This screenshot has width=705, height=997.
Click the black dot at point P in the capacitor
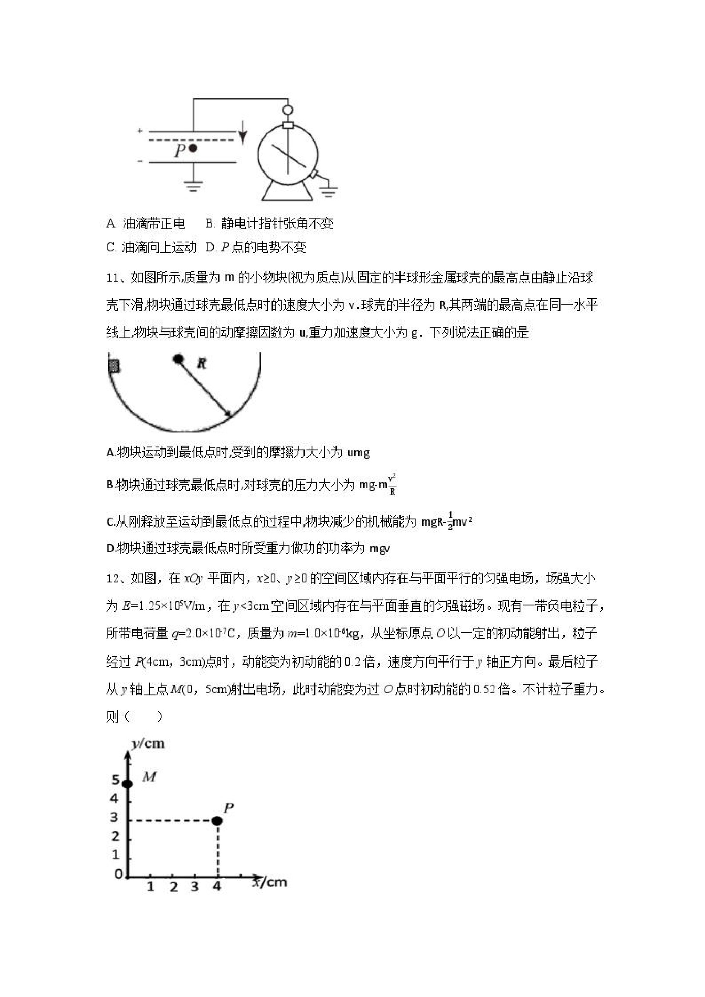click(193, 149)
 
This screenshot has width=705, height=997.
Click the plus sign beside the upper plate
click(140, 130)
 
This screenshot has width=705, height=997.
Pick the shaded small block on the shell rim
click(114, 366)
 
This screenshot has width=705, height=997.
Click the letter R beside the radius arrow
click(201, 363)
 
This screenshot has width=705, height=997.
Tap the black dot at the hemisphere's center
click(177, 359)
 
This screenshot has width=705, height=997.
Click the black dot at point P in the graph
click(218, 820)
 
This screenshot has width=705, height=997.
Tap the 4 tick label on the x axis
click(217, 886)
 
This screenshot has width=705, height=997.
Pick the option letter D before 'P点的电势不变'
click(210, 248)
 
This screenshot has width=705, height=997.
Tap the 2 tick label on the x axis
click(174, 887)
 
